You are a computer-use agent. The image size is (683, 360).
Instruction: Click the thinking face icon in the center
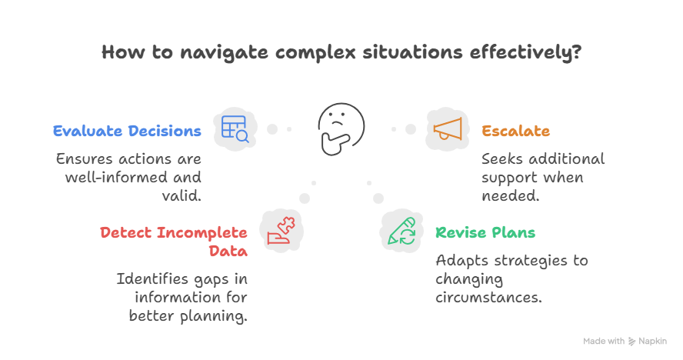341,128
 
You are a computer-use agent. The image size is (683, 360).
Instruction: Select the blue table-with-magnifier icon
234,128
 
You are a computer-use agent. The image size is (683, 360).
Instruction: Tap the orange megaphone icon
447,128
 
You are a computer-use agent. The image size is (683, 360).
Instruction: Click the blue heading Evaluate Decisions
127,131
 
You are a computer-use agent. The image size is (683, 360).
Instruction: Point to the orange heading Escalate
515,131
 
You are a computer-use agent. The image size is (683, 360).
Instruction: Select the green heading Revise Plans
485,232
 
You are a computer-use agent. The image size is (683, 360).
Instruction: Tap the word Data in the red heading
228,251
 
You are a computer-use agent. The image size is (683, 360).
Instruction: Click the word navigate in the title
215,53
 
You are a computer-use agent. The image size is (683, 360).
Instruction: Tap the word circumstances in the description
488,297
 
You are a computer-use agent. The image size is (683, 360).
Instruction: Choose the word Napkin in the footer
652,341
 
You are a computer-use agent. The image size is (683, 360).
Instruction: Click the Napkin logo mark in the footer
632,341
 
